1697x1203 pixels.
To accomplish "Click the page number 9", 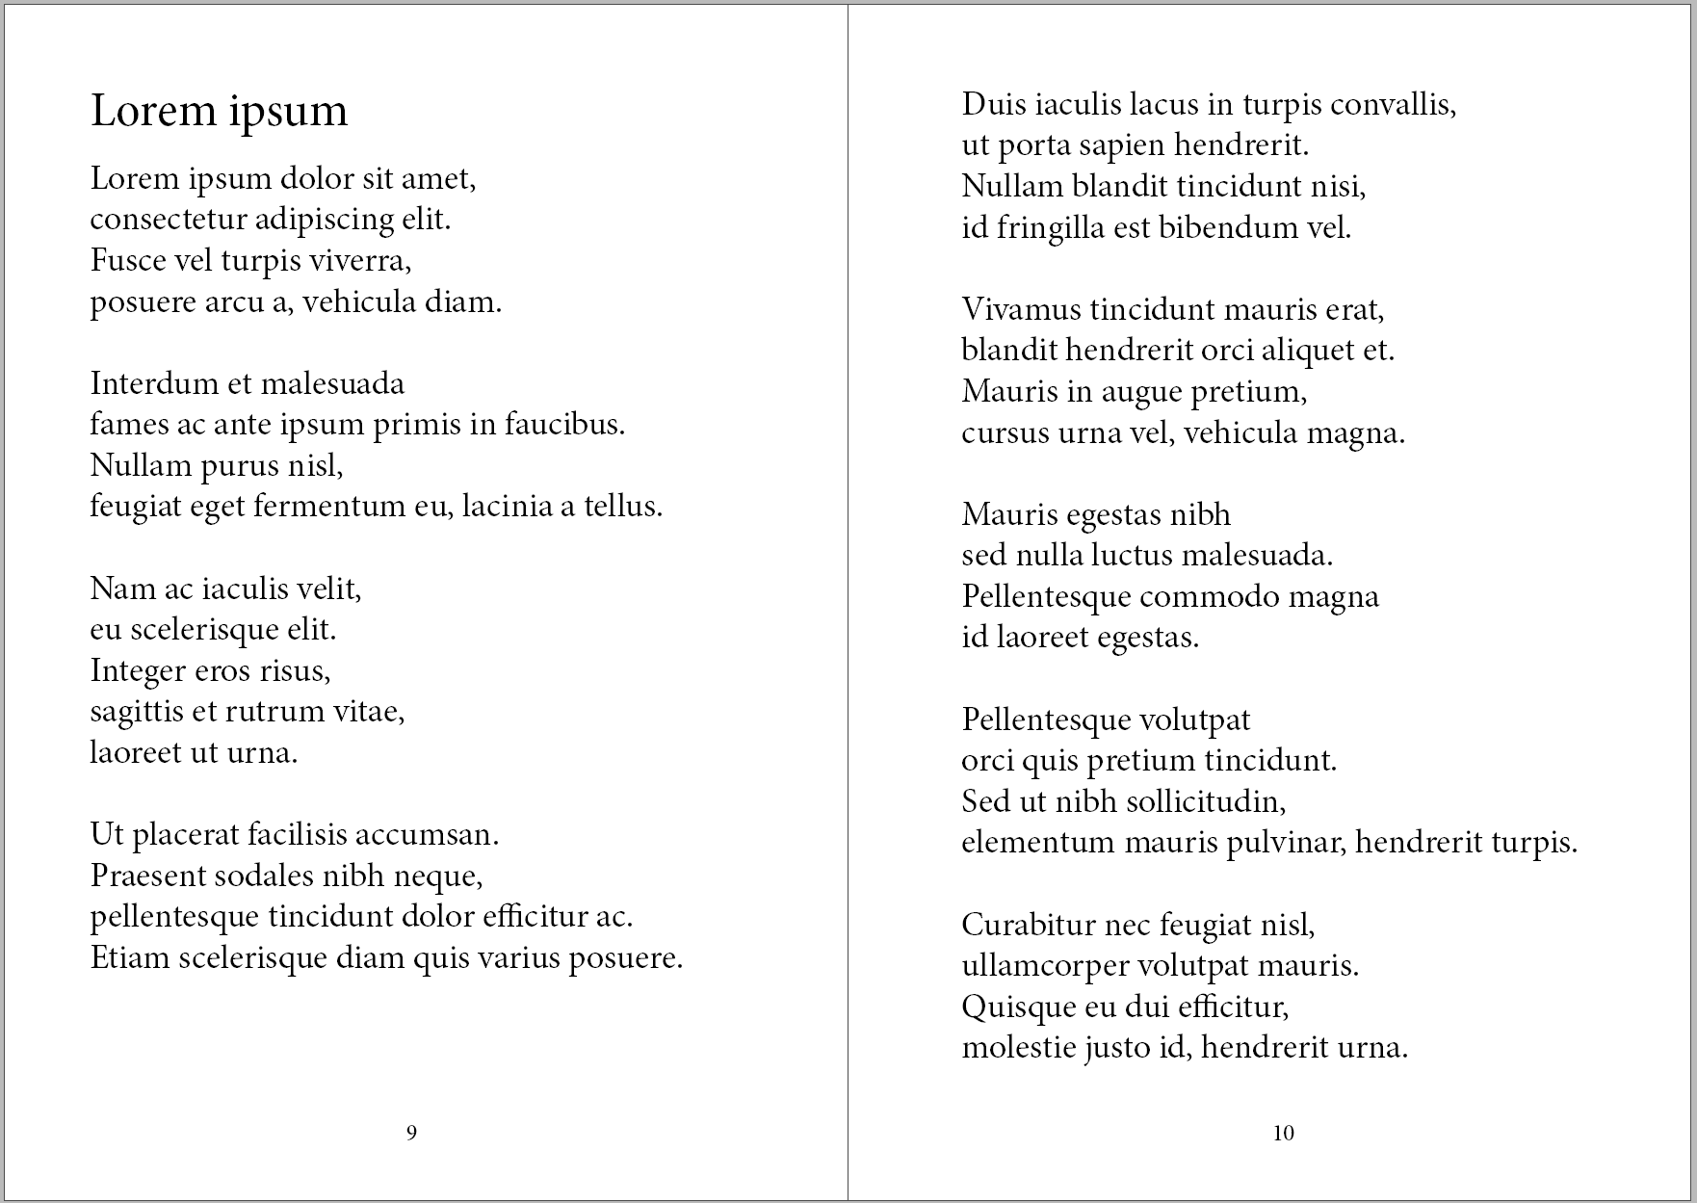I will pos(411,1133).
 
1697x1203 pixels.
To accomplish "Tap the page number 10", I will pos(1283,1133).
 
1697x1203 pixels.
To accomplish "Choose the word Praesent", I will pos(148,876).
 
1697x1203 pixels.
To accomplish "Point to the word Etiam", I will pos(129,957).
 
